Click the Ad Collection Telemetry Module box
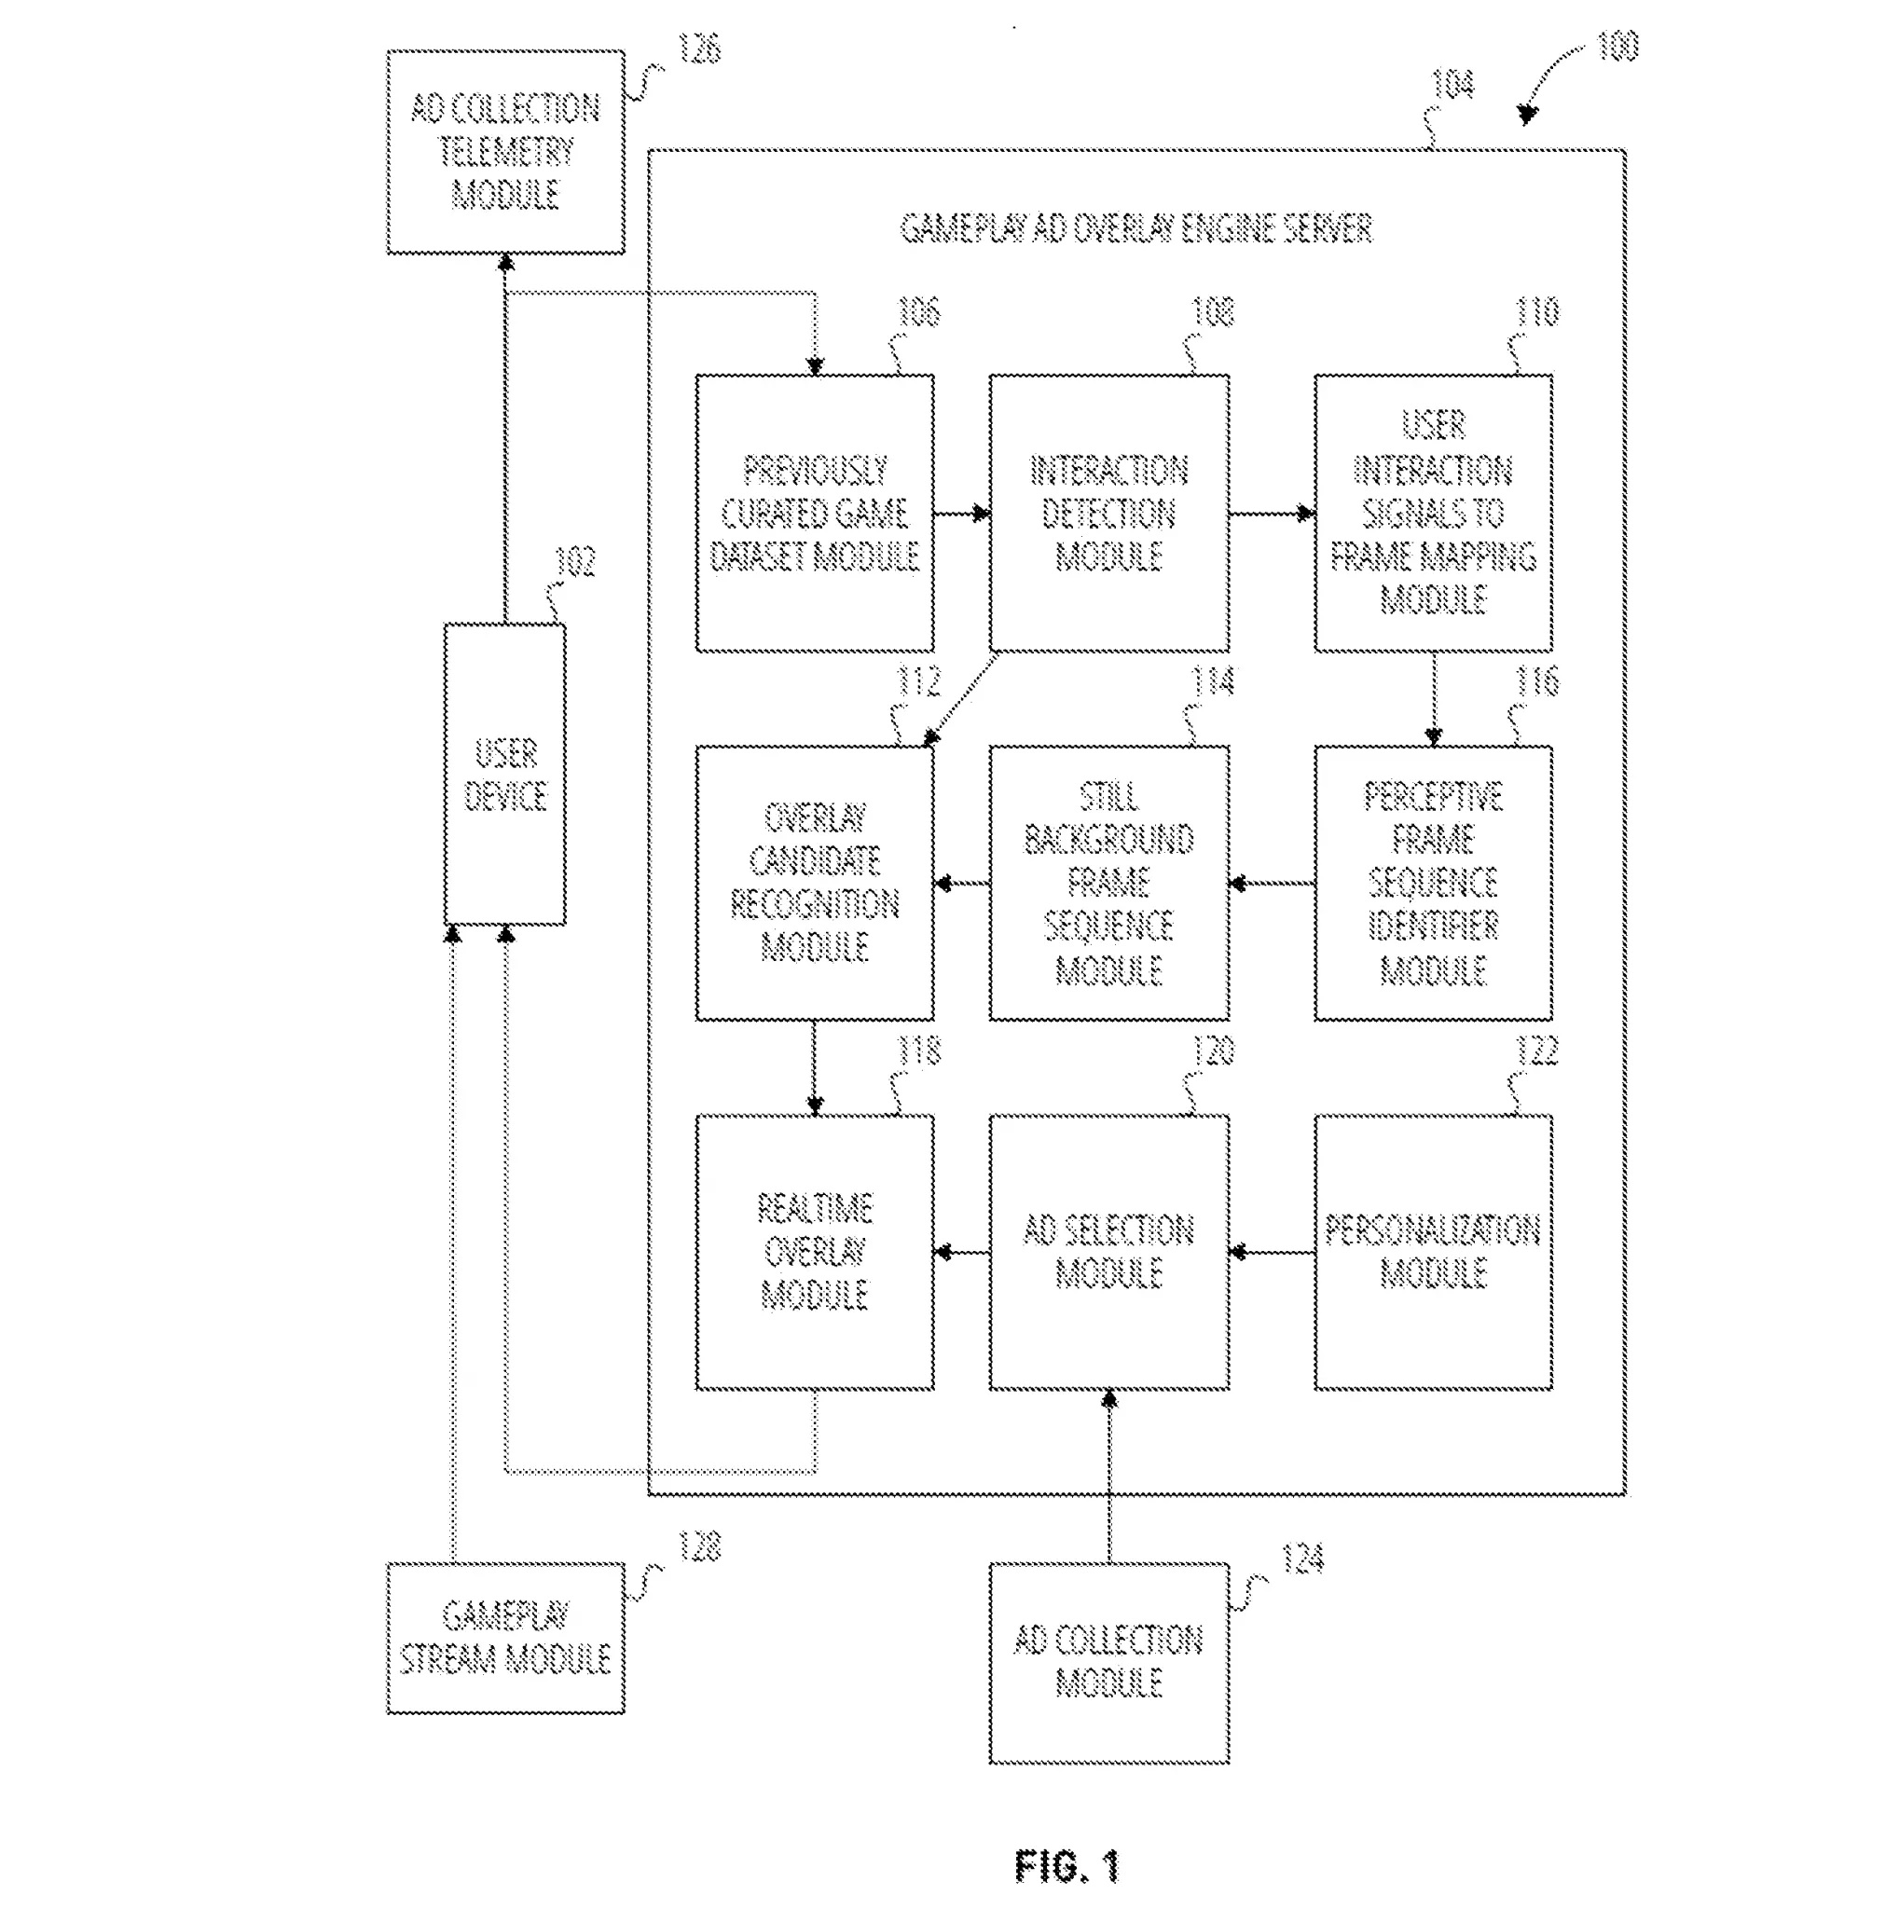505,152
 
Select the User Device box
505,775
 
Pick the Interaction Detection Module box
1108,513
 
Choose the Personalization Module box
1433,1252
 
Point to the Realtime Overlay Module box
814,1252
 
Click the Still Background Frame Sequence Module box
1108,883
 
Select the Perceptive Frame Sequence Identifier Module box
1433,883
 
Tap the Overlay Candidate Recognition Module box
814,883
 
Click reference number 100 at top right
1617,47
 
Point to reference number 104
1452,86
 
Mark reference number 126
699,48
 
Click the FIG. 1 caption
1067,1865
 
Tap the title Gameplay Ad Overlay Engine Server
1135,229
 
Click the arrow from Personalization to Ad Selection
1272,1253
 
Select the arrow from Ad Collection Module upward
1108,1476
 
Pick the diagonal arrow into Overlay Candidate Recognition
961,698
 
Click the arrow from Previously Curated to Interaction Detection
961,513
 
